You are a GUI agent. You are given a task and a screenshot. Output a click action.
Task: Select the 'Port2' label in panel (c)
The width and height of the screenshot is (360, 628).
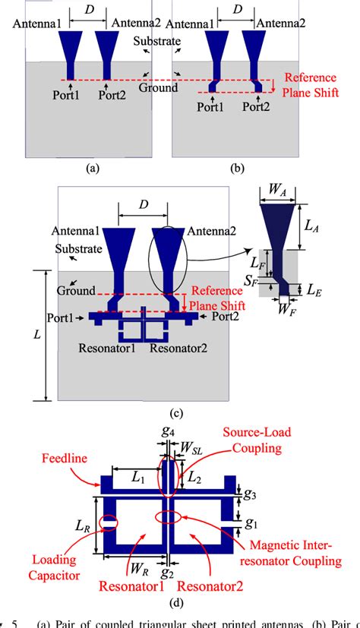(x=223, y=315)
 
